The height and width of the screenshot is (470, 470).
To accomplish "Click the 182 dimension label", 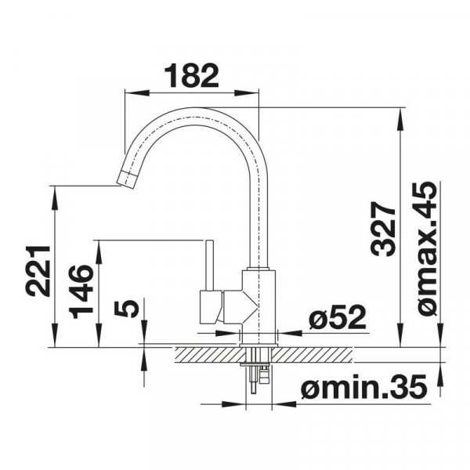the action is pyautogui.click(x=192, y=75).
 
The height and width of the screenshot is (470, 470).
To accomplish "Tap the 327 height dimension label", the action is pyautogui.click(x=383, y=229).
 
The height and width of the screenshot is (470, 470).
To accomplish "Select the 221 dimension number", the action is pyautogui.click(x=38, y=271).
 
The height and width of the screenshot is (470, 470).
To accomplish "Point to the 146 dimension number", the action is pyautogui.click(x=81, y=291).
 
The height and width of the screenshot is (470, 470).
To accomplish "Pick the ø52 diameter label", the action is pyautogui.click(x=338, y=316).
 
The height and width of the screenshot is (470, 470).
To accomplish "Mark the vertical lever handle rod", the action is pyautogui.click(x=209, y=265).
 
